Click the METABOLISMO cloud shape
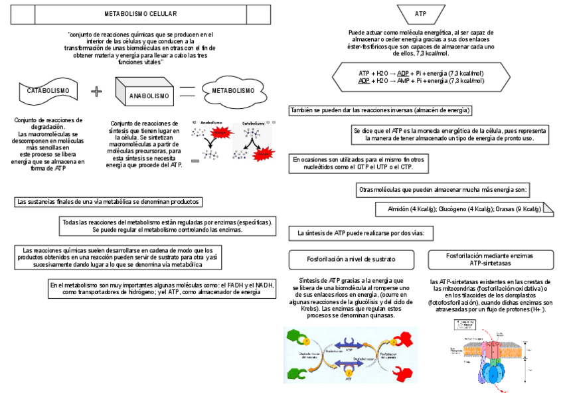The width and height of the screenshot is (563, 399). coord(232,90)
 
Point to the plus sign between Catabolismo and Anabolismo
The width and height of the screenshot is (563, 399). coord(97,91)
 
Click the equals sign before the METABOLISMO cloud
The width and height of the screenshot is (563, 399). coord(188,92)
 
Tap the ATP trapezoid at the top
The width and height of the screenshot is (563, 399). coord(420,13)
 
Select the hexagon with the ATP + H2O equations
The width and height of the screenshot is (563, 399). coord(421,76)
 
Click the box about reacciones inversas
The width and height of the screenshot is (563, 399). coord(380,110)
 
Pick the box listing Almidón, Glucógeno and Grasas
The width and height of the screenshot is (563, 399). coord(464,209)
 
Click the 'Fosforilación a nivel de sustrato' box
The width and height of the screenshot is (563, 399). coord(351,258)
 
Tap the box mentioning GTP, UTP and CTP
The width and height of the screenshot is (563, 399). coord(359,163)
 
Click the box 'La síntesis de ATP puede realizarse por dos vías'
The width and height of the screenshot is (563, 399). coord(361,233)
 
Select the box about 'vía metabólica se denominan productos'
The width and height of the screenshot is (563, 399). coord(109,202)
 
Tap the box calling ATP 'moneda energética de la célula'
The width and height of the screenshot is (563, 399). coord(450,135)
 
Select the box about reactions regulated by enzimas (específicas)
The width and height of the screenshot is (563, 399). coord(167,226)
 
